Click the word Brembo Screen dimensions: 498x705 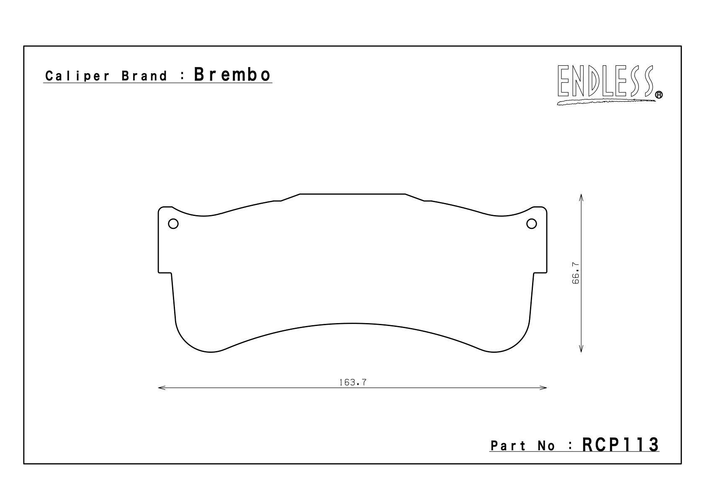click(x=232, y=75)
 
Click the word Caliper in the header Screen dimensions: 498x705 click(x=78, y=76)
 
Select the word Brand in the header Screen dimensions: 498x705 click(x=144, y=76)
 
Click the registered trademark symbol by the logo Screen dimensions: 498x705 click(x=659, y=95)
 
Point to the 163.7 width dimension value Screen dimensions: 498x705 click(x=352, y=382)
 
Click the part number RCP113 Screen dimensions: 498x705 click(x=620, y=444)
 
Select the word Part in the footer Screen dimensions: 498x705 click(x=508, y=446)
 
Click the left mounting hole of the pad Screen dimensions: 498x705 click(x=173, y=224)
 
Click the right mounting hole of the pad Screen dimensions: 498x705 click(x=531, y=224)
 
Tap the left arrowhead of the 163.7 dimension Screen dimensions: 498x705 click(x=161, y=388)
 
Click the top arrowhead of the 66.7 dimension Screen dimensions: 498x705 click(x=581, y=197)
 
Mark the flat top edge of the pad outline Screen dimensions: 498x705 click(x=352, y=194)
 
